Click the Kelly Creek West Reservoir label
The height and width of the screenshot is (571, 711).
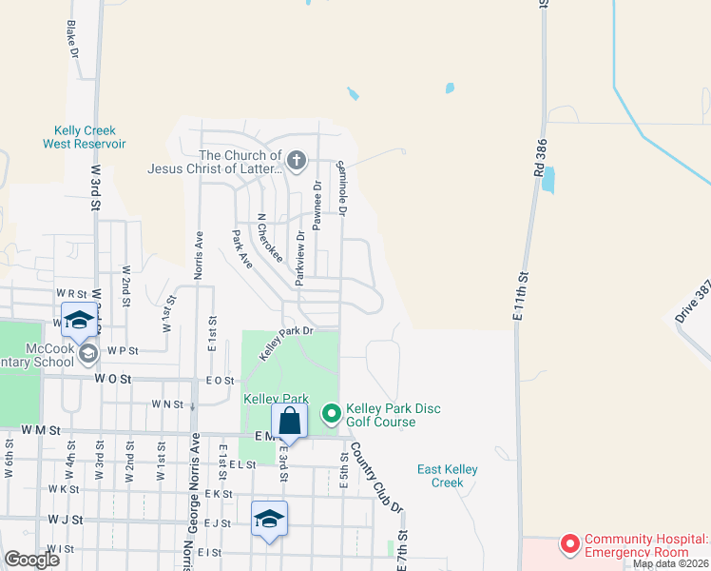[x=84, y=136]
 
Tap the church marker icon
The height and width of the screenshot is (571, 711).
[x=296, y=160]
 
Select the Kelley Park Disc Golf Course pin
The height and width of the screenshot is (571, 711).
[x=332, y=414]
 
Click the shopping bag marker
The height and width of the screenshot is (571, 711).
[x=290, y=421]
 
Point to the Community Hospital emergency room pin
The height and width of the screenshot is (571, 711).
[x=570, y=544]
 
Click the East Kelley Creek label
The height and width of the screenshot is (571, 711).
[x=447, y=476]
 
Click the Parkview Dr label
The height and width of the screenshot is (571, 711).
[x=299, y=258]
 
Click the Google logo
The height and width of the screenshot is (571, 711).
[x=31, y=560]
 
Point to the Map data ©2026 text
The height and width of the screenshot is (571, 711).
[x=670, y=563]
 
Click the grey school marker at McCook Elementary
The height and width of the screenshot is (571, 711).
[x=87, y=354]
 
